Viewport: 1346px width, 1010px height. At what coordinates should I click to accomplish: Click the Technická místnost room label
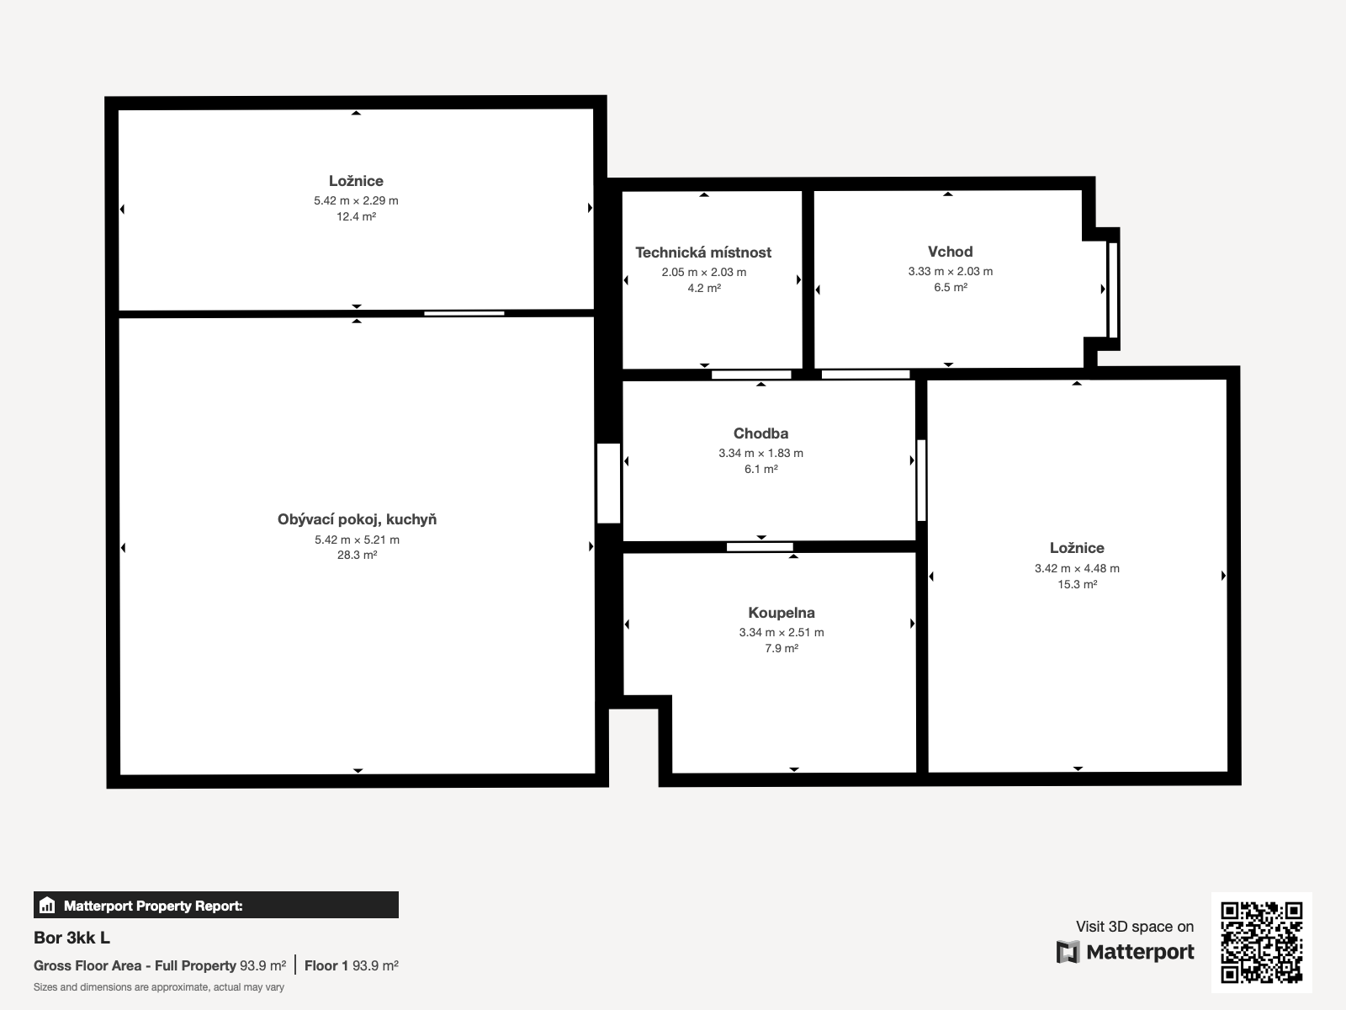click(x=703, y=252)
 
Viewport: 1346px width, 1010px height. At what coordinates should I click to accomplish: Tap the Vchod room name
click(x=950, y=252)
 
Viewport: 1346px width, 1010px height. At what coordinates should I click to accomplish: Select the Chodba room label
click(x=760, y=433)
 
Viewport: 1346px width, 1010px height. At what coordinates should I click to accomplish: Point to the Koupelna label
click(x=782, y=613)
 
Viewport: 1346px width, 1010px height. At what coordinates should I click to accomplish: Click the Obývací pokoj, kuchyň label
click(x=357, y=520)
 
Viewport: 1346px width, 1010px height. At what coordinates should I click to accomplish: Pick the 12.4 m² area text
click(x=357, y=216)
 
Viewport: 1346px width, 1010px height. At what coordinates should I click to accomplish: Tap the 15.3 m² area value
click(x=1078, y=584)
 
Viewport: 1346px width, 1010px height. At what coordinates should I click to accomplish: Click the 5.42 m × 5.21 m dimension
click(x=357, y=540)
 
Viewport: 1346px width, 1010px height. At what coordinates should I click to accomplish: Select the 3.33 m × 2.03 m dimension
click(x=951, y=271)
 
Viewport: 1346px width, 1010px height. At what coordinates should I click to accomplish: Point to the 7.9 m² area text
click(x=782, y=648)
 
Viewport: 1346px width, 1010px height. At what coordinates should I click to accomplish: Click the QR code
click(x=1261, y=942)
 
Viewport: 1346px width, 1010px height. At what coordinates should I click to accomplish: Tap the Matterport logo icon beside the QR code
click(x=1068, y=952)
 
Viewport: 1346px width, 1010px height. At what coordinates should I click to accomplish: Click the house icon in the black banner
click(x=47, y=905)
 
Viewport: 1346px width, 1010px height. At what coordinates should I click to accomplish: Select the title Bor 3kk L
click(x=72, y=938)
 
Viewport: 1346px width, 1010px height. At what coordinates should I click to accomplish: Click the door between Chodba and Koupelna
click(x=760, y=546)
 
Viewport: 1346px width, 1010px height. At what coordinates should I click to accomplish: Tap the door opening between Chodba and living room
click(x=608, y=483)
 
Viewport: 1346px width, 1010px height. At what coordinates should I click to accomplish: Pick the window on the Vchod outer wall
click(x=1112, y=290)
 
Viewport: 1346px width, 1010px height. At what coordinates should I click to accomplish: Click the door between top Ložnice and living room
click(x=464, y=313)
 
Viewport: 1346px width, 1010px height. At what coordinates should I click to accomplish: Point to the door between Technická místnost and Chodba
click(x=751, y=374)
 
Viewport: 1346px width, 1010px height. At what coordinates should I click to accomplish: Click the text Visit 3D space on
click(x=1135, y=927)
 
